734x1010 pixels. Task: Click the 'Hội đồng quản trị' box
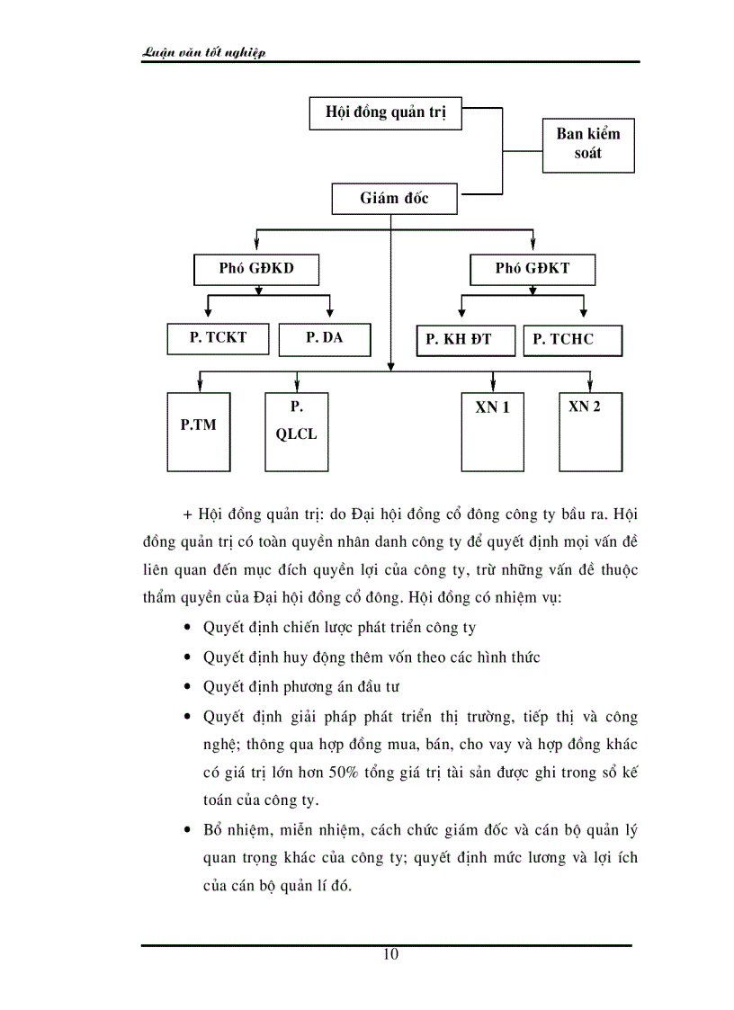point(385,113)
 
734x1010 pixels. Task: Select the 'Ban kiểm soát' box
point(588,144)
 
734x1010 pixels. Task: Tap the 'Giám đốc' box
point(394,198)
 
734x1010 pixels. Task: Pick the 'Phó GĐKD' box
point(256,268)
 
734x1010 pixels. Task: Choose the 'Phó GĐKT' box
point(533,268)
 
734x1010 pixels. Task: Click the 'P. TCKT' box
point(218,338)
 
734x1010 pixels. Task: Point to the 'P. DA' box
point(324,338)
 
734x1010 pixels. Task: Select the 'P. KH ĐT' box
point(466,340)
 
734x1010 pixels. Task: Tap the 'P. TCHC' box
point(571,340)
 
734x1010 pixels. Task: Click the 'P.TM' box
point(199,432)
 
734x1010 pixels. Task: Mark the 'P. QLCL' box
point(297,432)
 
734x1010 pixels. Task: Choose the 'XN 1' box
point(493,432)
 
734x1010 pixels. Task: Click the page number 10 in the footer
point(390,954)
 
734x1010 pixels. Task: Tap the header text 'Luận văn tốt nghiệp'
point(205,53)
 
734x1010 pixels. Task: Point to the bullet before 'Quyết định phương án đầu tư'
point(186,687)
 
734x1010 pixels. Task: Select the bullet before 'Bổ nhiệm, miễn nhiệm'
point(186,829)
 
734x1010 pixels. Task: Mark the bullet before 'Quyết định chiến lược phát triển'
point(186,629)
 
